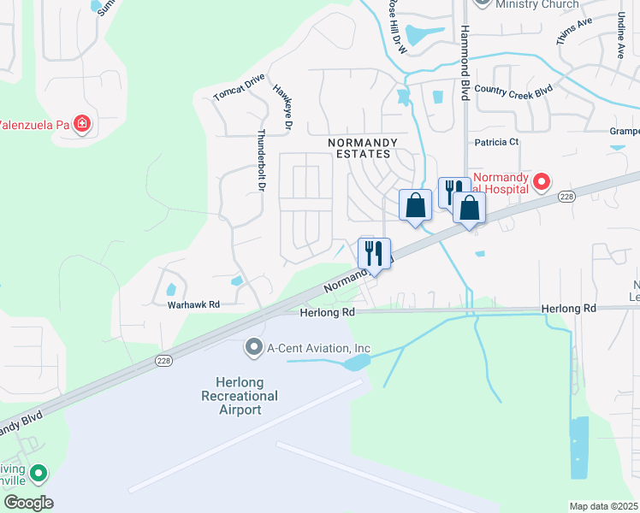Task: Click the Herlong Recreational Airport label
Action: [x=240, y=396]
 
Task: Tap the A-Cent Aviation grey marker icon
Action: [x=253, y=348]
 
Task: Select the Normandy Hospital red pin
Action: [x=541, y=182]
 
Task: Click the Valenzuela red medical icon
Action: [x=81, y=125]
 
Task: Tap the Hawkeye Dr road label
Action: [x=283, y=107]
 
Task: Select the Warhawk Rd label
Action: [x=193, y=304]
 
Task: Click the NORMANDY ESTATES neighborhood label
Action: [x=360, y=148]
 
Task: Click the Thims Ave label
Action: [x=572, y=33]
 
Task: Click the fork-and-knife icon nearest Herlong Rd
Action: [x=374, y=253]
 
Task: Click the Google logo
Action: [x=28, y=503]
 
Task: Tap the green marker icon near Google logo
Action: [x=38, y=473]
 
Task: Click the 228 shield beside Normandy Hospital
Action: [x=566, y=196]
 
